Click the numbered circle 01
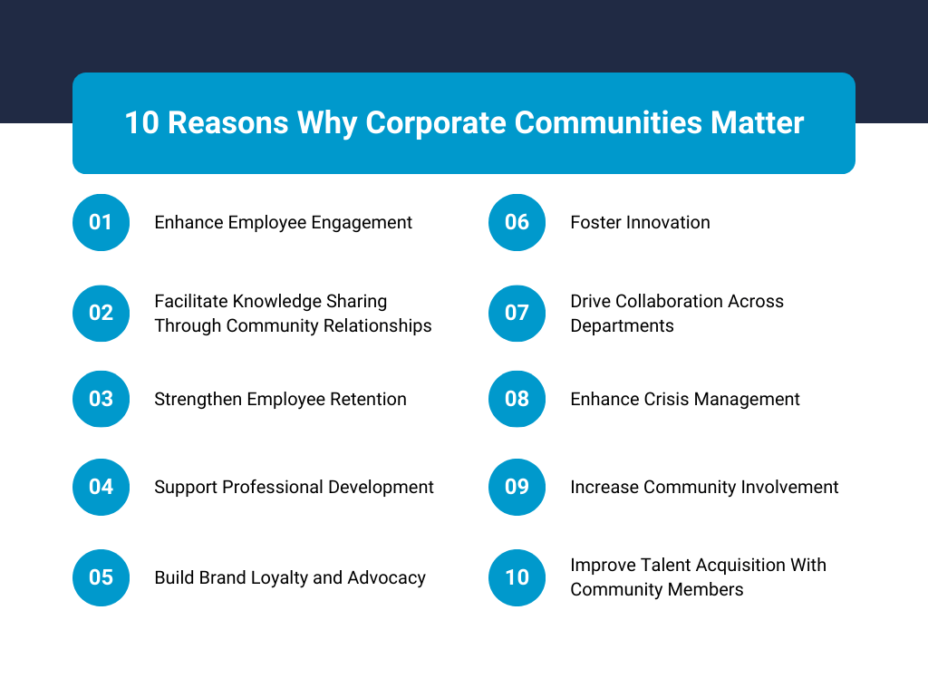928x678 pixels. [x=101, y=222]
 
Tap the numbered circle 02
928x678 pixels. [x=101, y=313]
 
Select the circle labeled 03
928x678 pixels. [x=101, y=399]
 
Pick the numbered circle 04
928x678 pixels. [x=101, y=487]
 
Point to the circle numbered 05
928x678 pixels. [x=101, y=577]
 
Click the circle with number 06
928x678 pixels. [x=517, y=222]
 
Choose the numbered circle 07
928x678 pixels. [x=517, y=313]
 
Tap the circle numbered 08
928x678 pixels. [x=517, y=399]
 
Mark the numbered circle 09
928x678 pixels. [x=517, y=487]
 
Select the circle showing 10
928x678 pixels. [x=517, y=577]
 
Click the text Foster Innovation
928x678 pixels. [x=640, y=222]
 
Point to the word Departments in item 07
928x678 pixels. [x=622, y=325]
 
